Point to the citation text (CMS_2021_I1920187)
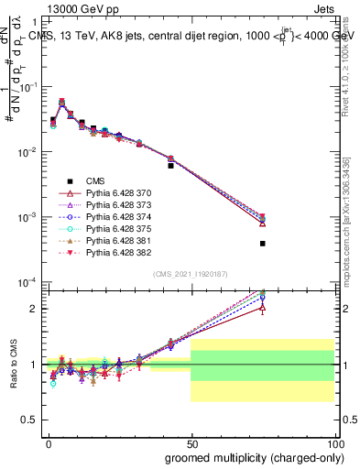point(191,274)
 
